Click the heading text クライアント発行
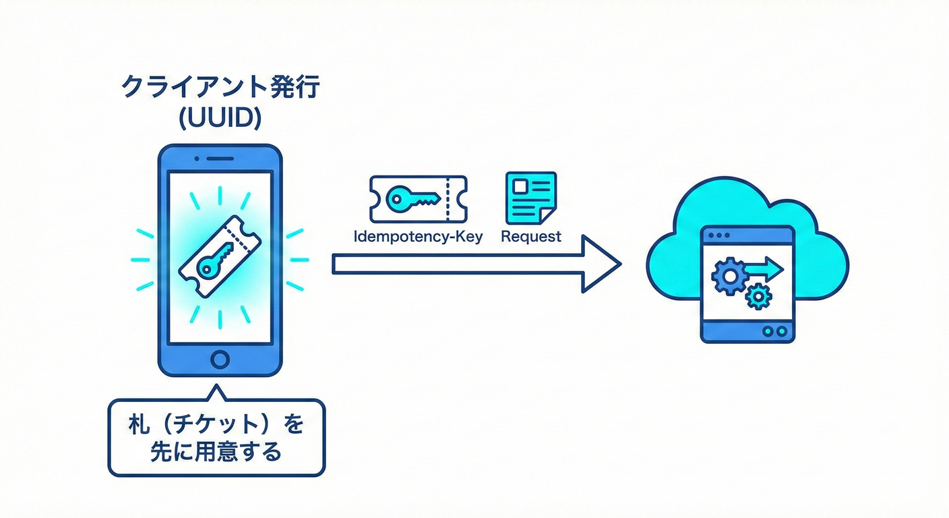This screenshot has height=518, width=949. point(219,88)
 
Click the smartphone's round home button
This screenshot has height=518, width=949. point(220,358)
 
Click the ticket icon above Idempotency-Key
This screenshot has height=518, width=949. point(418,199)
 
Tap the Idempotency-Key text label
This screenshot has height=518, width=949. point(418,237)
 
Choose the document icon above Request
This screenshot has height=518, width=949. point(531,198)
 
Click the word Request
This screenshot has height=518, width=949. point(531,237)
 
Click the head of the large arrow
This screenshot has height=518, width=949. point(600,264)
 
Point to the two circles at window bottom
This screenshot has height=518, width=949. point(776,331)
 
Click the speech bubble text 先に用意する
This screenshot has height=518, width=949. point(216,452)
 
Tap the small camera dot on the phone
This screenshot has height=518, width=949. point(196,159)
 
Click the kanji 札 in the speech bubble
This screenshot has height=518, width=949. point(138,426)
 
